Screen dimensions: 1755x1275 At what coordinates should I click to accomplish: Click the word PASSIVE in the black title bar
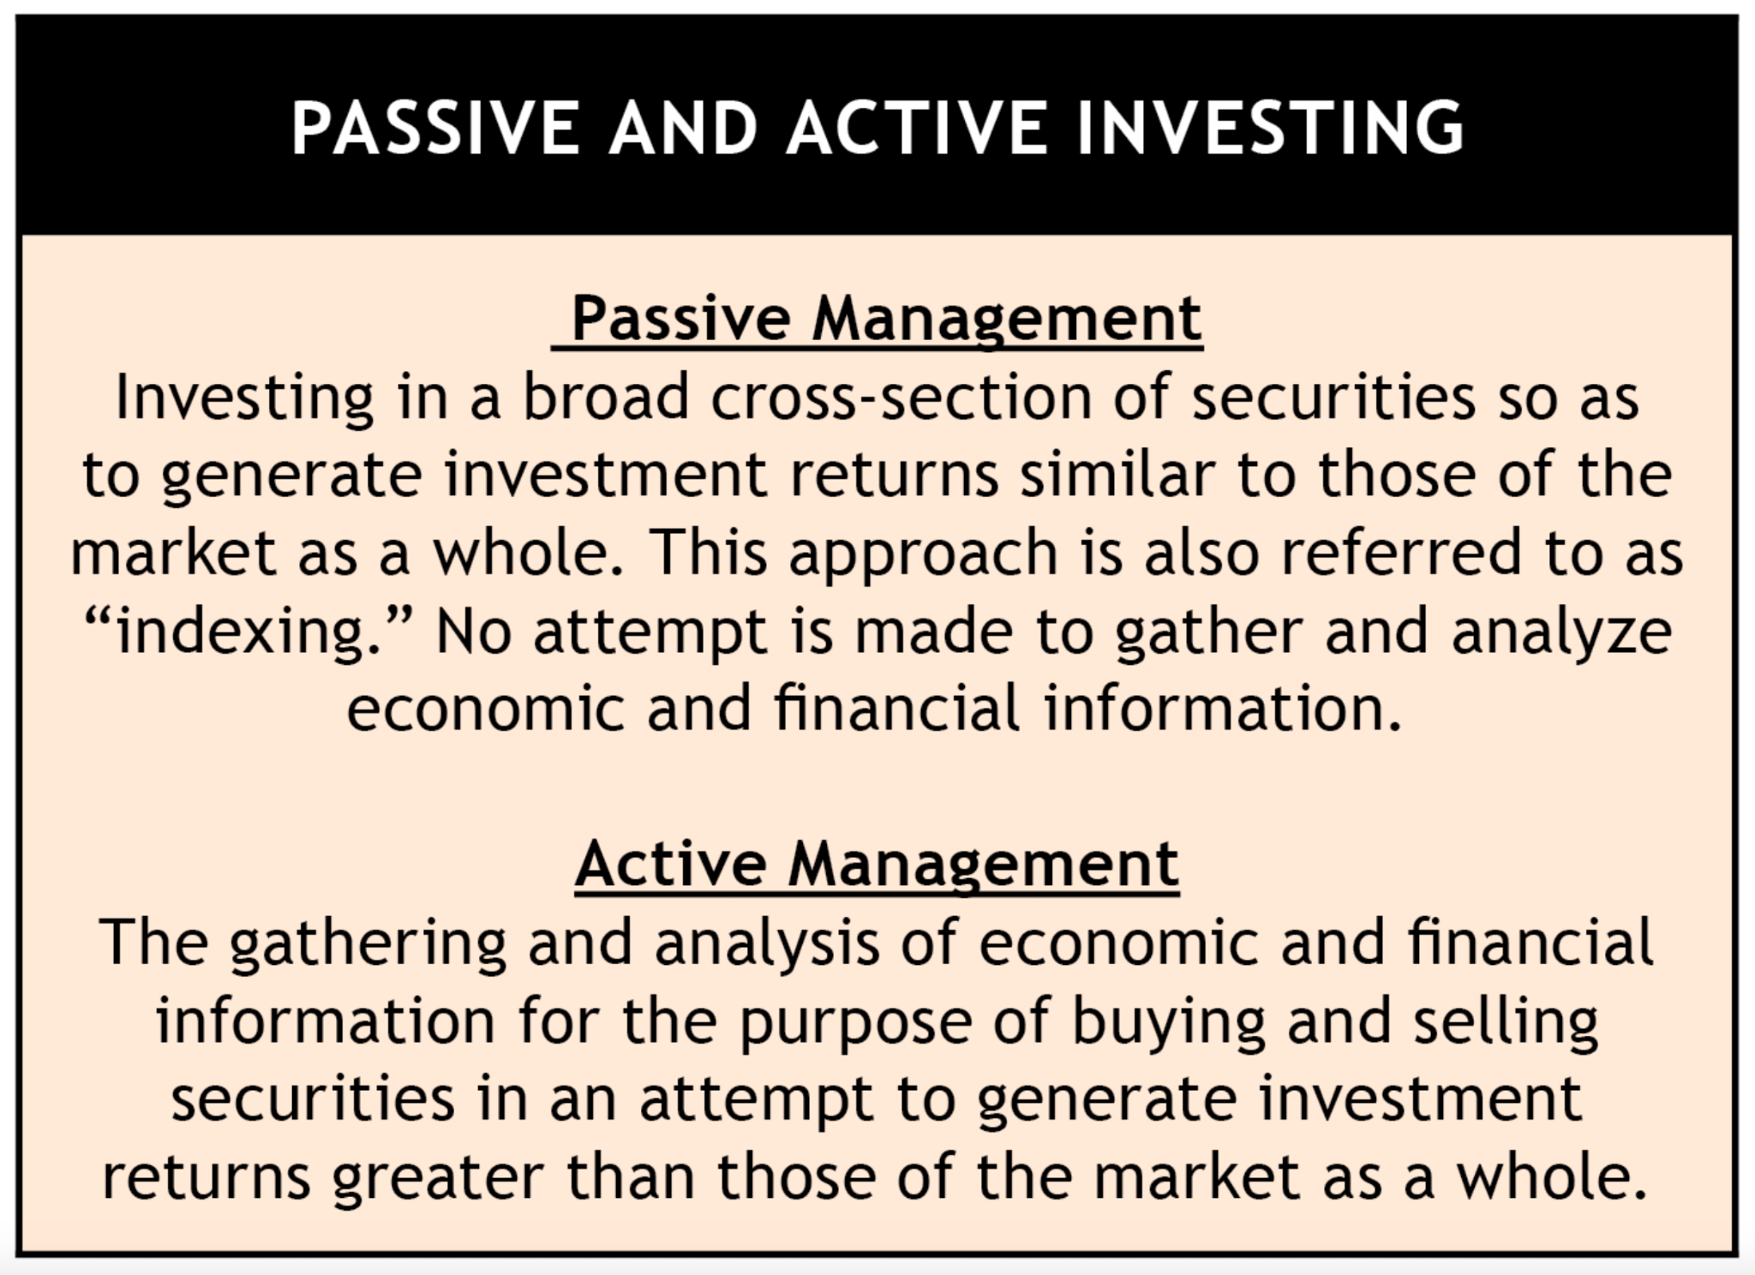point(436,129)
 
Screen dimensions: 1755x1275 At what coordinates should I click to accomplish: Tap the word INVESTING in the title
point(1271,129)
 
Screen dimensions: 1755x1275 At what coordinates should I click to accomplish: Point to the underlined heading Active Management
point(877,865)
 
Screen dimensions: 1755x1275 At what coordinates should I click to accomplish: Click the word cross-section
point(901,398)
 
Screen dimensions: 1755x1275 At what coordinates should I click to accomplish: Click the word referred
point(1403,552)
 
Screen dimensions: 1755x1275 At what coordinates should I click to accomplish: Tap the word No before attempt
point(474,631)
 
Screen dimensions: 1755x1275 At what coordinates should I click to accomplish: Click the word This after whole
point(709,552)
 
